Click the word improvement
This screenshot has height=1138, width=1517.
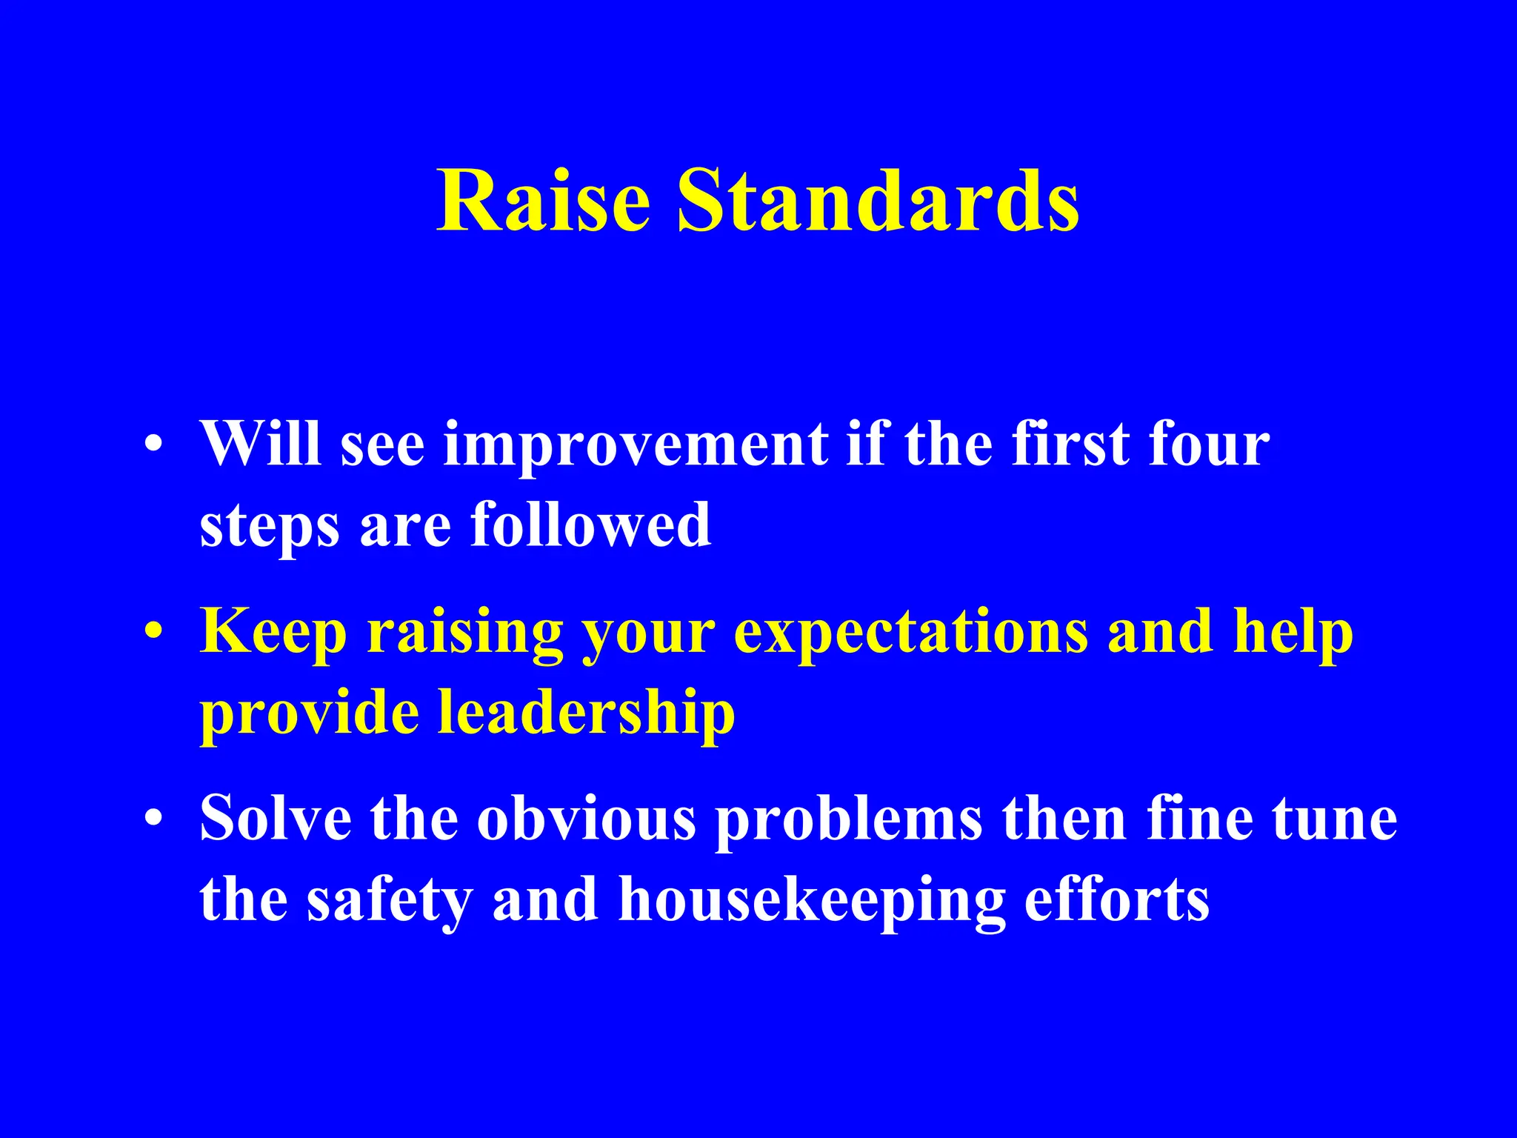635,447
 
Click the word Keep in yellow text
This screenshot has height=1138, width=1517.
273,634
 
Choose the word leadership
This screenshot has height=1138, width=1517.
586,713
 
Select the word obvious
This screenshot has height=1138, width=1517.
586,819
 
